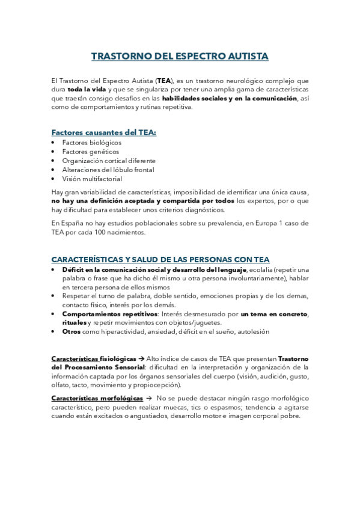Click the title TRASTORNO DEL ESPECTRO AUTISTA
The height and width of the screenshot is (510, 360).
(x=180, y=57)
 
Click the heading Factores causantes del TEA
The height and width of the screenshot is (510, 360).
(x=103, y=132)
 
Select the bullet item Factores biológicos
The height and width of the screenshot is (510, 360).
(x=91, y=143)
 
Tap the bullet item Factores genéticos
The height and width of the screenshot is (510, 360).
(x=90, y=152)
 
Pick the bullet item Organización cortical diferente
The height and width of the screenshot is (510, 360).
(x=109, y=161)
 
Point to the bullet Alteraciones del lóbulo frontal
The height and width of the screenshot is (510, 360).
(x=107, y=170)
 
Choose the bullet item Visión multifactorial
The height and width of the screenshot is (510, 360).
(x=92, y=179)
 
